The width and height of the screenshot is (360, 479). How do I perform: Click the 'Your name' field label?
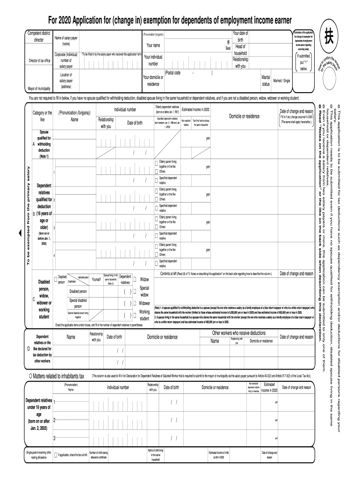point(153,46)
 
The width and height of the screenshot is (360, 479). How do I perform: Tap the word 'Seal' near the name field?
point(228,48)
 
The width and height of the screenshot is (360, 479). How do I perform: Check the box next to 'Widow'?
point(135,280)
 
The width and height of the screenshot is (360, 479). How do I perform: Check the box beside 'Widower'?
point(135,303)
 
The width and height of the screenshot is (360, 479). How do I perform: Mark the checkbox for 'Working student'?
point(135,312)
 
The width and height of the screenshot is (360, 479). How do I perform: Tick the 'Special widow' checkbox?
point(135,289)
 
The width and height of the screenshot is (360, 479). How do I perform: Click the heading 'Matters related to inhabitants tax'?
point(58,376)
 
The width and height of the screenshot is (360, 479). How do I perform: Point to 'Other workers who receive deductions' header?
point(239,333)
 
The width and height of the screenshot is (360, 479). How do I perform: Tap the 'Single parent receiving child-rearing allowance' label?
point(39,455)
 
